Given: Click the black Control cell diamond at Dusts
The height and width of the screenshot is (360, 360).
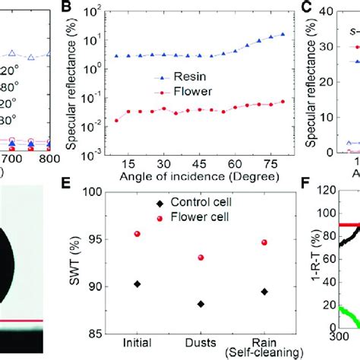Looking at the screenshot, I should [201, 304].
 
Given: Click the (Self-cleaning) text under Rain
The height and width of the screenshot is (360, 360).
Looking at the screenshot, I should [264, 353].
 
